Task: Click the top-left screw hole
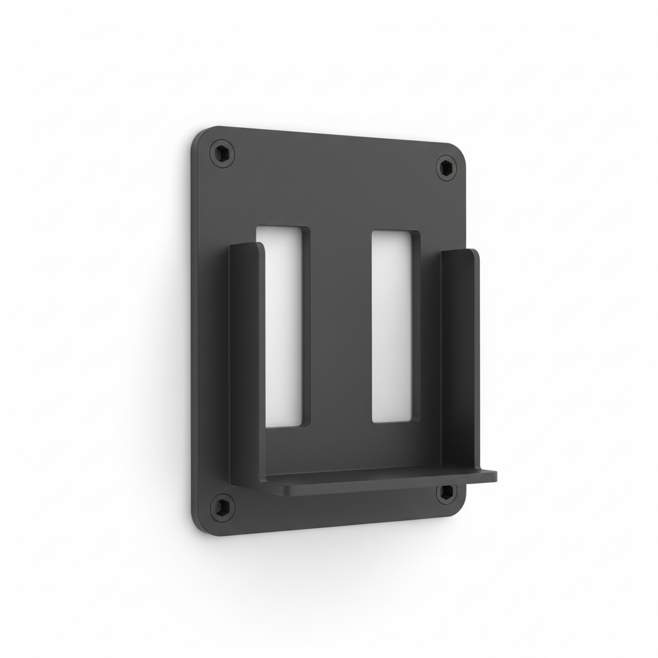click(x=222, y=154)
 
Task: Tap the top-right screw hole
click(x=447, y=168)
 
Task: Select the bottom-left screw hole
click(x=222, y=507)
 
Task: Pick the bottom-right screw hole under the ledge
click(x=445, y=493)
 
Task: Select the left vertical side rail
click(x=246, y=360)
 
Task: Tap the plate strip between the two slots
click(x=341, y=328)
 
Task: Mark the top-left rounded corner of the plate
click(x=200, y=134)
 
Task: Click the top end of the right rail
click(x=460, y=252)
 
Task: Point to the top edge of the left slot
click(x=283, y=227)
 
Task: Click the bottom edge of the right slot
click(x=393, y=422)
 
